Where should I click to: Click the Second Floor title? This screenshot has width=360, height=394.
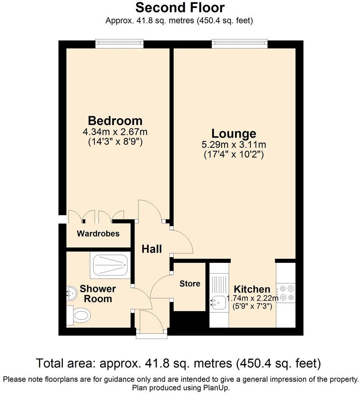[x=180, y=7]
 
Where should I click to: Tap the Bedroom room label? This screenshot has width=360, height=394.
[x=115, y=121]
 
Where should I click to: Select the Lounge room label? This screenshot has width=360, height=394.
[x=233, y=133]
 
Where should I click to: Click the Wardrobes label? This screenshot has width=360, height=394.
[x=98, y=234]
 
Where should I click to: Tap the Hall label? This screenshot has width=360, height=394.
[x=152, y=249]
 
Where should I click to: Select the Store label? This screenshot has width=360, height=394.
[x=190, y=284]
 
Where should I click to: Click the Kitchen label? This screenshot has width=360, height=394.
[x=251, y=289]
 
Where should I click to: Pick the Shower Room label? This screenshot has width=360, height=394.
[x=98, y=294]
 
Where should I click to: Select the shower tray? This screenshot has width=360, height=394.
[x=110, y=265]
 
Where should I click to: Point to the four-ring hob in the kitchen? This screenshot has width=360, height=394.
[x=286, y=293]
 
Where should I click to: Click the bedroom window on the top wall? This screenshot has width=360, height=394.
[x=119, y=44]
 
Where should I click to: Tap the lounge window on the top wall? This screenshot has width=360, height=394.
[x=239, y=44]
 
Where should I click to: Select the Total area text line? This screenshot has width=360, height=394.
[x=178, y=363]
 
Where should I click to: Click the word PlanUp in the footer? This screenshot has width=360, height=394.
[x=217, y=388]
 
